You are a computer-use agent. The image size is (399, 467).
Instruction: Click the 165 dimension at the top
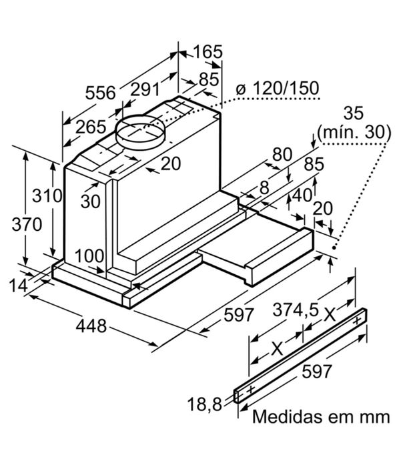(208, 52)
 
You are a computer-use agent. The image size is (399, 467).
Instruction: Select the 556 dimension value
(100, 93)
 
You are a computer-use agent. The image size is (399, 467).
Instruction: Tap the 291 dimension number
(145, 89)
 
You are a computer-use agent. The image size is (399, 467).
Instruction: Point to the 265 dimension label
(91, 127)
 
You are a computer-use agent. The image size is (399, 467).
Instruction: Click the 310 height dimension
(47, 195)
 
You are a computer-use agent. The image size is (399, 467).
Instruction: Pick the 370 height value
(27, 224)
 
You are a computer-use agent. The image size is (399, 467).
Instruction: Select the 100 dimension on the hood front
(89, 256)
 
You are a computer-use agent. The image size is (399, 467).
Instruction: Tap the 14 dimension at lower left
(19, 286)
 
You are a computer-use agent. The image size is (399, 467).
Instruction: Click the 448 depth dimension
(91, 326)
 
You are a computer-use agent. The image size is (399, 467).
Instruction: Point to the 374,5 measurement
(296, 310)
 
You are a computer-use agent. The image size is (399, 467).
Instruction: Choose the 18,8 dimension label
(205, 404)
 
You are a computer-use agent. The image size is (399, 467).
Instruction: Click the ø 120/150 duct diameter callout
(277, 88)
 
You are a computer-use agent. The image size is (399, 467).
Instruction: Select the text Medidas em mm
(321, 416)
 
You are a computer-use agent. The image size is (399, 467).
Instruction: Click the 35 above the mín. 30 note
(354, 113)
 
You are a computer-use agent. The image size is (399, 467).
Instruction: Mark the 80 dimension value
(282, 154)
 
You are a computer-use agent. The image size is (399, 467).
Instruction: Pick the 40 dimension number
(302, 195)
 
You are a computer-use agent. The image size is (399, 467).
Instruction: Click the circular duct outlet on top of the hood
(140, 131)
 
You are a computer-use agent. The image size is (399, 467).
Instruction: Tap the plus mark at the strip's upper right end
(358, 321)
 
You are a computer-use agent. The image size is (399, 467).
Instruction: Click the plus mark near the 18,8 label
(251, 390)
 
